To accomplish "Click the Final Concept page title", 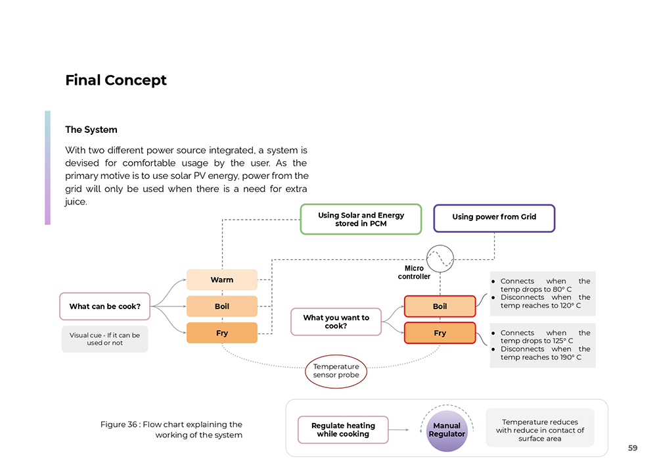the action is pos(116,80).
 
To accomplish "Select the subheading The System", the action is pos(91,130).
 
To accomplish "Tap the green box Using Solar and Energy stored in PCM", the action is pos(361,219).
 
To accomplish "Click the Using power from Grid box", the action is pos(494,218).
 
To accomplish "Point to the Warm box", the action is pos(221,280).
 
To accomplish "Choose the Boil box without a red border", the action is pos(221,306).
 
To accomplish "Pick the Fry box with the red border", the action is pos(440,333).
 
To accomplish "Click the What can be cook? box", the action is pos(104,306).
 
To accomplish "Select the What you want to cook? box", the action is pos(336,322).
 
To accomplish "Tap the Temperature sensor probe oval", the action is pos(336,371).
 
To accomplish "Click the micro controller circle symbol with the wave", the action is pos(440,258).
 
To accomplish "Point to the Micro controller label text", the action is pos(414,272).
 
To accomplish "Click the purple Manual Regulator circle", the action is pos(447,431).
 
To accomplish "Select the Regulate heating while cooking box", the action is pos(343,429).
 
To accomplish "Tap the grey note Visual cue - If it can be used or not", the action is pos(104,339).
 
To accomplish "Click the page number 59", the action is pos(633,448).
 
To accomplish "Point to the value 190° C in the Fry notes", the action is pos(571,357).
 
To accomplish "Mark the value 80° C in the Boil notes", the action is pos(562,289).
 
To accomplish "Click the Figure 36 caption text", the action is pos(171,429).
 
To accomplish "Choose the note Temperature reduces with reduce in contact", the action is pos(539,430).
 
